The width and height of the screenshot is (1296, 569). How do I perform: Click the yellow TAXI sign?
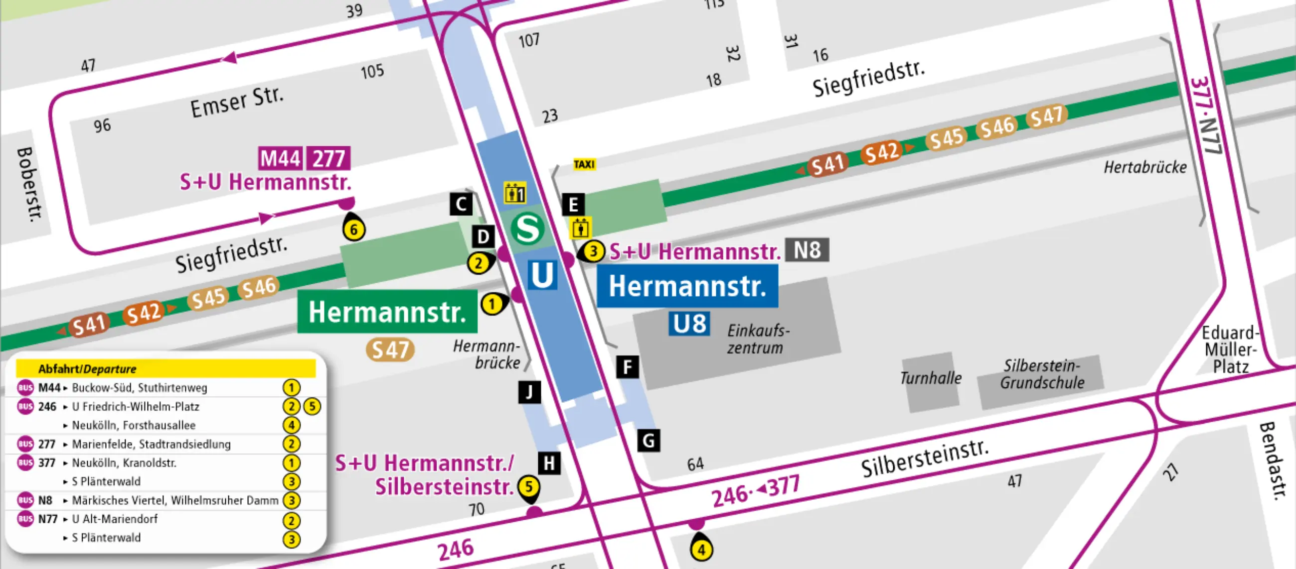pyautogui.click(x=584, y=164)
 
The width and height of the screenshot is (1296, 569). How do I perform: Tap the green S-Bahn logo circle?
pyautogui.click(x=527, y=228)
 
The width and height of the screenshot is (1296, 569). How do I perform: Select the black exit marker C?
pyautogui.click(x=461, y=204)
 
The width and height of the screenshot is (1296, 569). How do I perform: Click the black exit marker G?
pyautogui.click(x=648, y=441)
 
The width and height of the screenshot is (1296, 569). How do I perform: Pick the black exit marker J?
pyautogui.click(x=529, y=392)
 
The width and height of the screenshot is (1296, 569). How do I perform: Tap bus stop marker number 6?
pyautogui.click(x=354, y=229)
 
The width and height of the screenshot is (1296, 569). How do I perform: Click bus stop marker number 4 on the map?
pyautogui.click(x=701, y=550)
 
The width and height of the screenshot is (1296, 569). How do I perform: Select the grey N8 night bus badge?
pyautogui.click(x=807, y=250)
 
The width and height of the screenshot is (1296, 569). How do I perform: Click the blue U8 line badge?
pyautogui.click(x=689, y=324)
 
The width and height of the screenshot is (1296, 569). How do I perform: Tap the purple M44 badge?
pyautogui.click(x=280, y=159)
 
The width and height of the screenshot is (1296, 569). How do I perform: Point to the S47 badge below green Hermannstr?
pyautogui.click(x=390, y=350)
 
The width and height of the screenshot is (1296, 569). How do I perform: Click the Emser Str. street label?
pyautogui.click(x=236, y=102)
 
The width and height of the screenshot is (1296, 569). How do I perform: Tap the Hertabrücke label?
pyautogui.click(x=1144, y=167)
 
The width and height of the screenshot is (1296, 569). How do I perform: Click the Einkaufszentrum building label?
pyautogui.click(x=758, y=339)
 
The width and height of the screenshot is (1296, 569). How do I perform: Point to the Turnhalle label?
pyautogui.click(x=930, y=378)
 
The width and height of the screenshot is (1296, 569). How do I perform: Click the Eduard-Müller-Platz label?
pyautogui.click(x=1230, y=350)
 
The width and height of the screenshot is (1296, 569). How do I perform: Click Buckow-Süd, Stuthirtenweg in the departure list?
pyautogui.click(x=140, y=387)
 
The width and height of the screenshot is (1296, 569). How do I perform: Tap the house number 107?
pyautogui.click(x=529, y=40)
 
